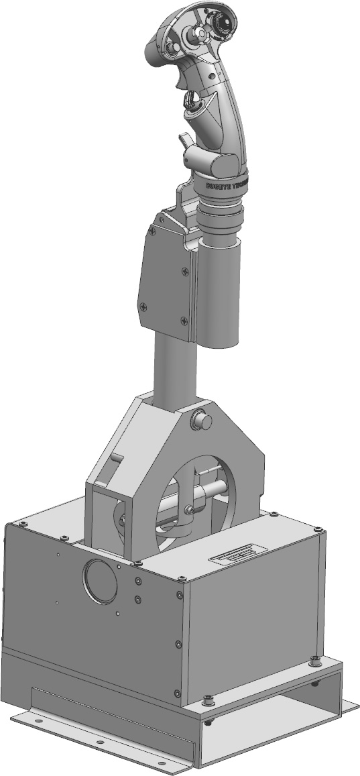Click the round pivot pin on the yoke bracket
[201, 421]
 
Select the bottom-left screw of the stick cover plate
[143, 307]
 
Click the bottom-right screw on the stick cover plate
[184, 320]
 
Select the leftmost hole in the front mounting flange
[38, 721]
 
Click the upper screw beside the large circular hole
[137, 581]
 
